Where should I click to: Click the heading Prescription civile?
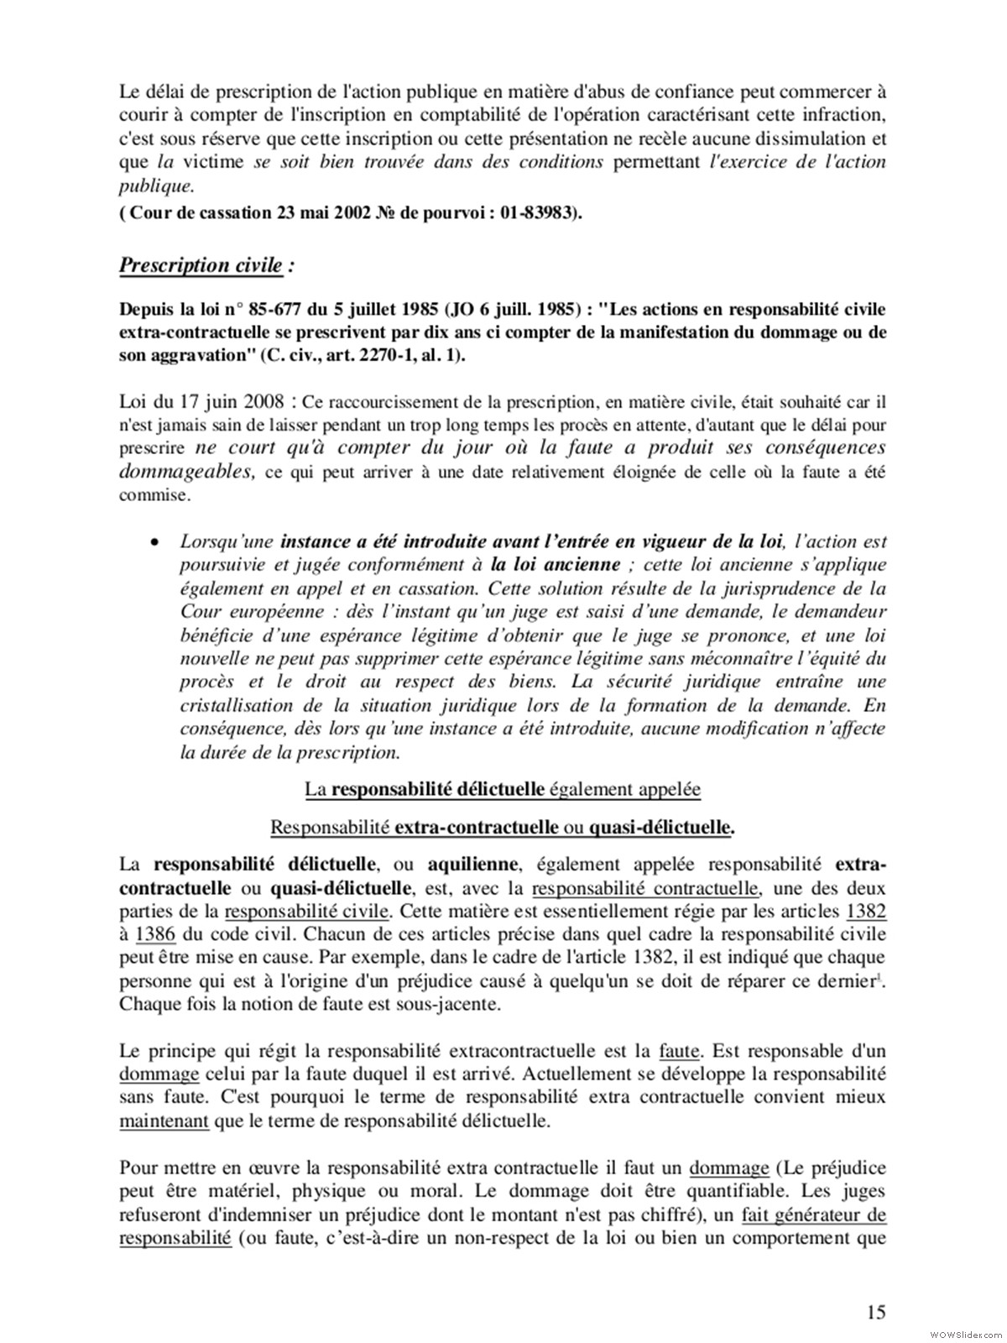201,265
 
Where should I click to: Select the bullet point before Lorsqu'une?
154,543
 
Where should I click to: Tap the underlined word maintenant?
164,1120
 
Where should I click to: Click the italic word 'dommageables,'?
187,472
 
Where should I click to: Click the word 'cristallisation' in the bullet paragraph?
237,705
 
